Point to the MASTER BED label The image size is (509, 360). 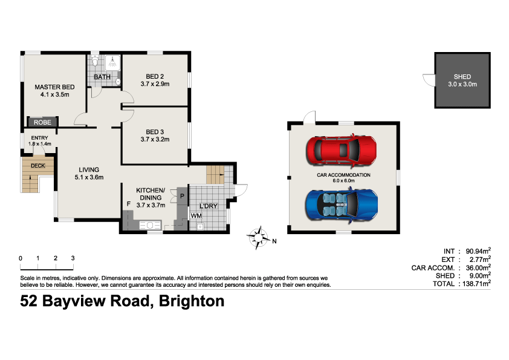(x=54, y=87)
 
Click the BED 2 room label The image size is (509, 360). (x=155, y=76)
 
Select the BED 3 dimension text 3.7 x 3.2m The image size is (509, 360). (x=155, y=139)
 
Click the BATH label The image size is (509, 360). (x=102, y=77)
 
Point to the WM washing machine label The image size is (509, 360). (x=196, y=215)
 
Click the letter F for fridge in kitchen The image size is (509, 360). (x=128, y=204)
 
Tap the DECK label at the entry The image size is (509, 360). (x=37, y=165)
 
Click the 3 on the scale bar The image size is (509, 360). (x=73, y=258)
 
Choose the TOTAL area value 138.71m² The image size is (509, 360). (x=476, y=283)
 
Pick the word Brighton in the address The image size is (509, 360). (x=191, y=301)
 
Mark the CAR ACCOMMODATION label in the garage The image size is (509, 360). (x=343, y=175)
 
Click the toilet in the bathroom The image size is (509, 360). (x=95, y=62)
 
